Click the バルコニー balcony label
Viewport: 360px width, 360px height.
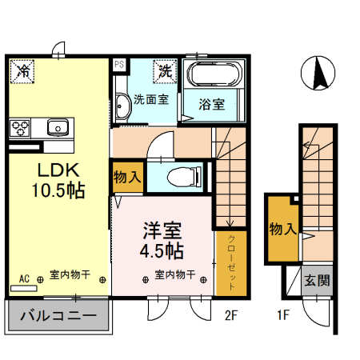[57, 316]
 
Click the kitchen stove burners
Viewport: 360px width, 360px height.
[21, 126]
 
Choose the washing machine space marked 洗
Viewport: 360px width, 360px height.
[166, 70]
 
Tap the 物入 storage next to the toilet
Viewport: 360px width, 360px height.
[127, 176]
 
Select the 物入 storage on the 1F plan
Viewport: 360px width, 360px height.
[282, 229]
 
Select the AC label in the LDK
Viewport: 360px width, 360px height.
[24, 278]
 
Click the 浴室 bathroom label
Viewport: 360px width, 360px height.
[211, 105]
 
